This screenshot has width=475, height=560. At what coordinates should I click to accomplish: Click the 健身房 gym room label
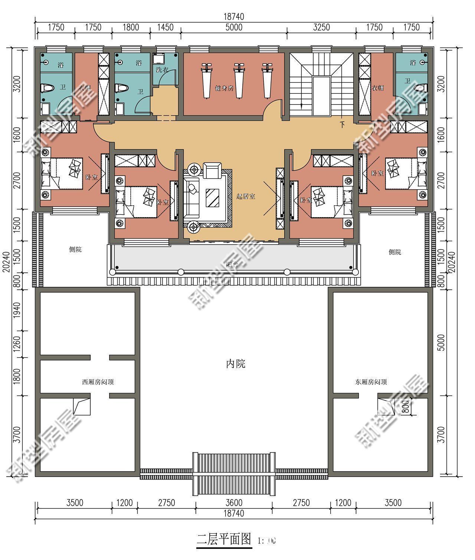pyautogui.click(x=224, y=88)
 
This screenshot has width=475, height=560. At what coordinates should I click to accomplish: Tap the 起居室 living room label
pyautogui.click(x=246, y=196)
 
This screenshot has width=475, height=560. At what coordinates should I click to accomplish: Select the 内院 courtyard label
pyautogui.click(x=236, y=364)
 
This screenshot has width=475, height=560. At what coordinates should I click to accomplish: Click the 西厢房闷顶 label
pyautogui.click(x=98, y=382)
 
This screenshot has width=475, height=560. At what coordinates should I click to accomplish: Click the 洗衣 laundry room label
pyautogui.click(x=162, y=69)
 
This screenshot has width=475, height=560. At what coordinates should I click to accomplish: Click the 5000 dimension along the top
pyautogui.click(x=234, y=27)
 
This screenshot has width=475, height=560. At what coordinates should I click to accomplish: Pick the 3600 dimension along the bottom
pyautogui.click(x=234, y=503)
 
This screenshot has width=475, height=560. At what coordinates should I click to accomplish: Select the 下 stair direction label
pyautogui.click(x=342, y=125)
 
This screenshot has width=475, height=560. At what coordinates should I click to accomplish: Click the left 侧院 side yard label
pyautogui.click(x=75, y=249)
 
